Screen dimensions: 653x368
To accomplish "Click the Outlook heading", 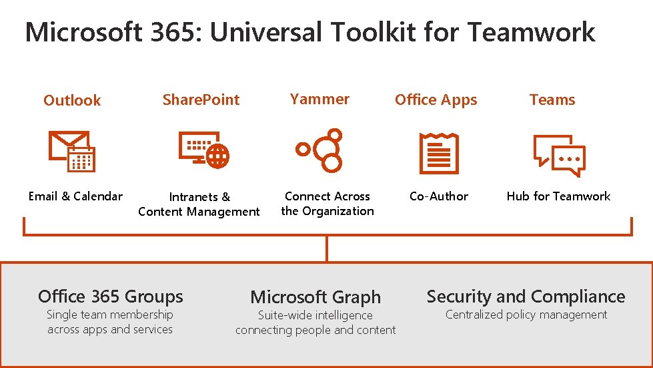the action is pos(72,100).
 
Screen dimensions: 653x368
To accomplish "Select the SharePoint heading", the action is pos(201,100).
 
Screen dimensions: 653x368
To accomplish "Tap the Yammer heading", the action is pos(319,99).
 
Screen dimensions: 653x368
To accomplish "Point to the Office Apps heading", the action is pos(436,100).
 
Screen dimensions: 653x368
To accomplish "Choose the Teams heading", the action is pos(552,100).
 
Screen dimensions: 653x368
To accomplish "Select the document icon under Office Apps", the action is pos(438,153).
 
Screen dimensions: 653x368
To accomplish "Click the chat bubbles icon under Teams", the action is pos(559,154).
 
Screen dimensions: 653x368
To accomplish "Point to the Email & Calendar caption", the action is pos(75,196).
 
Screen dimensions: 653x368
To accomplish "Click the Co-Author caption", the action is pos(438,196).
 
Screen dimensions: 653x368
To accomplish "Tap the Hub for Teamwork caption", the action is pos(558,196).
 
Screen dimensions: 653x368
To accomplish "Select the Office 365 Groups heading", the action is pos(110,296).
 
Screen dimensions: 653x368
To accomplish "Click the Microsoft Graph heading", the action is pos(315,297).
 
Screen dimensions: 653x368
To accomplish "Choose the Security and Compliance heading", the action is pos(526,296).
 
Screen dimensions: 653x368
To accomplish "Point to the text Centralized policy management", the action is pos(526,315).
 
